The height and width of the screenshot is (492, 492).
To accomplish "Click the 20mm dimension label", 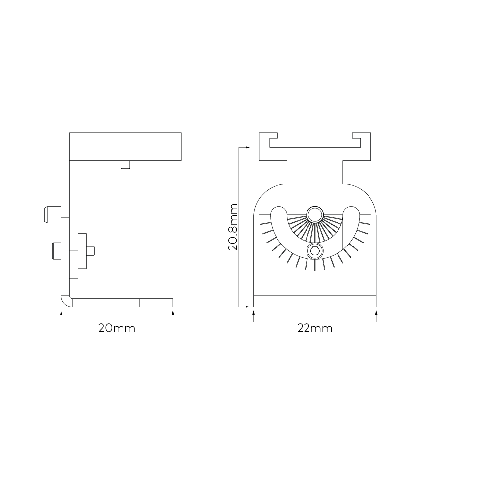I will click(117, 328).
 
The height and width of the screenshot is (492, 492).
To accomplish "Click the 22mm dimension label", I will click(315, 328).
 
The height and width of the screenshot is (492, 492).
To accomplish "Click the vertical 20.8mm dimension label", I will click(233, 227).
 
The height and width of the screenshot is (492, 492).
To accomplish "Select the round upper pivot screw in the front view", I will click(314, 214).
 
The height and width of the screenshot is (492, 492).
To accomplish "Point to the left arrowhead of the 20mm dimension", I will click(61, 312).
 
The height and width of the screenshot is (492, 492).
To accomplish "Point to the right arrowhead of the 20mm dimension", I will click(173, 312).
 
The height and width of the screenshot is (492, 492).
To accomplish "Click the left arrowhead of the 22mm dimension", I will click(254, 312).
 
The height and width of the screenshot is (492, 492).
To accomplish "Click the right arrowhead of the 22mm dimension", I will click(376, 312).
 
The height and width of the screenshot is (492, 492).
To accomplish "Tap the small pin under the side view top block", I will click(126, 165).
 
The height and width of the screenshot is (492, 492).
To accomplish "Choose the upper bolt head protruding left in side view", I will click(50, 214).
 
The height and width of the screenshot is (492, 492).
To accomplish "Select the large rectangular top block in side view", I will click(125, 146).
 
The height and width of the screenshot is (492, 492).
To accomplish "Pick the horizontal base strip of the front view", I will click(315, 301).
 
